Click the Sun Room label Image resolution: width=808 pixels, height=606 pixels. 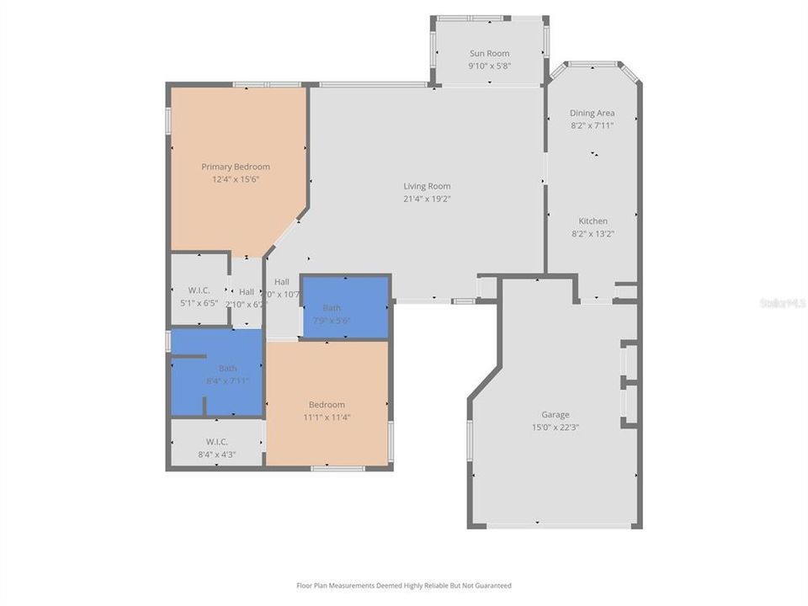489,53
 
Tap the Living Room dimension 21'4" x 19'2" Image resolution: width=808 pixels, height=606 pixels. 427,199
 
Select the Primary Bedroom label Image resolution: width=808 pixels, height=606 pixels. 236,167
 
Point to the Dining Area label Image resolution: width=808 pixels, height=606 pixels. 592,113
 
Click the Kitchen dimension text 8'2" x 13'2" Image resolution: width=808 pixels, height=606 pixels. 592,234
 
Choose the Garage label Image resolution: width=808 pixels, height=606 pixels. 555,414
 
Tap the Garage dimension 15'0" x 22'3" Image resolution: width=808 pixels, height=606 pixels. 555,427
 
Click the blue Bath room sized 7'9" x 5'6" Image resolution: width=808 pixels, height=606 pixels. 345,308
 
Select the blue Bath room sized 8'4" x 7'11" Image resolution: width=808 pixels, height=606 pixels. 217,373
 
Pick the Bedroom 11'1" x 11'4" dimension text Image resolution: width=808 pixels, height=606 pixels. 326,417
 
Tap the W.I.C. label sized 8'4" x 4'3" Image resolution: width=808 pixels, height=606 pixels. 217,442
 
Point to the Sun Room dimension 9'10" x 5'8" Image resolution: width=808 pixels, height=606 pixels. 489,66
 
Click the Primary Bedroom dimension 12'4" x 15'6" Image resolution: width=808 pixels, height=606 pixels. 236,178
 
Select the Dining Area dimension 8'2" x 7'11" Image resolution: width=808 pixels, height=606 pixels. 592,125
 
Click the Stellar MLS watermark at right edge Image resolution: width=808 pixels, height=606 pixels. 783,302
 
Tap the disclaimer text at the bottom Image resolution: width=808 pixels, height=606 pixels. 403,586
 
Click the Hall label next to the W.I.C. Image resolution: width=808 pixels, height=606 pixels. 247,292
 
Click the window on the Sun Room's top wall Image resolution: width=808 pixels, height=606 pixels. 470,18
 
